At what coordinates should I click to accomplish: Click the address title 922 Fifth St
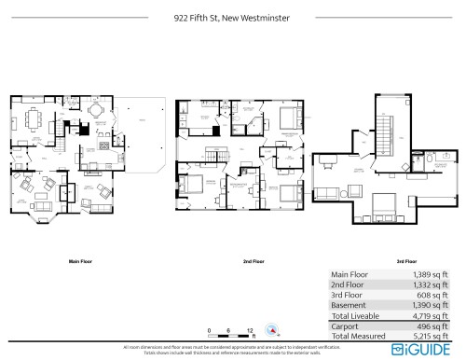(x=232, y=16)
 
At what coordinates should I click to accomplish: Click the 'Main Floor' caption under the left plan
(x=77, y=262)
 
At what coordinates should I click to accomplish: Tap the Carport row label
(x=346, y=326)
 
